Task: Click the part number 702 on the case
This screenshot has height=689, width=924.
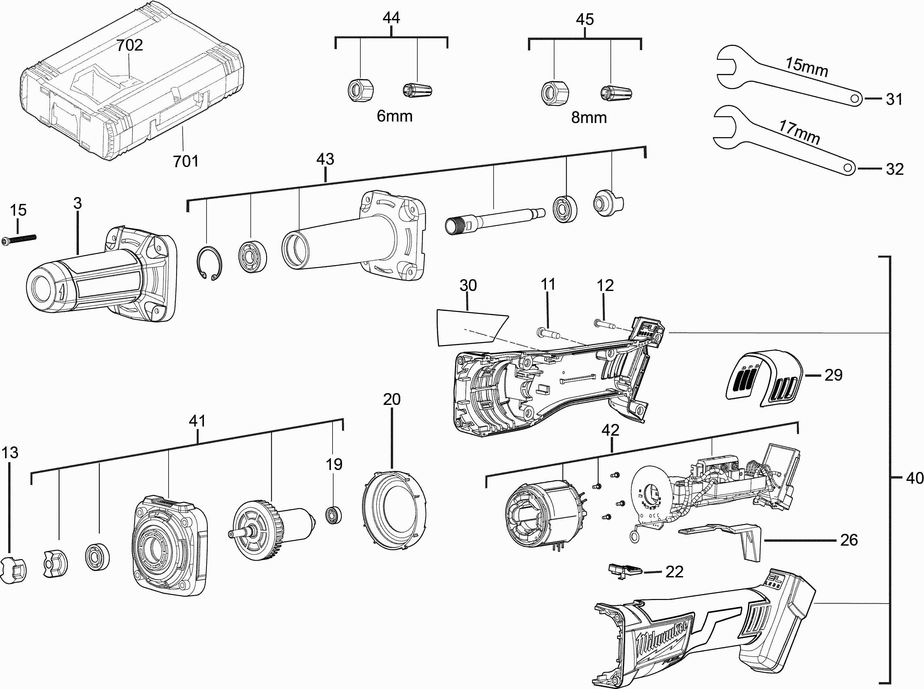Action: point(129,45)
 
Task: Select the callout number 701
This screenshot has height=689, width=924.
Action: point(186,161)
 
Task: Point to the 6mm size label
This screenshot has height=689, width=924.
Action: point(394,116)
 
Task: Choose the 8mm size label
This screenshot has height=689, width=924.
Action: point(588,118)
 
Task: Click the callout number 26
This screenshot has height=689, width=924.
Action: point(848,540)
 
